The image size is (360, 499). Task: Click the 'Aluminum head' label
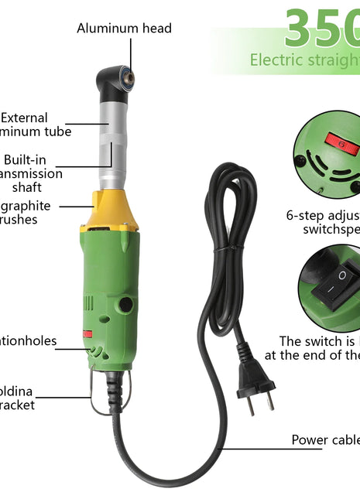pos(124,29)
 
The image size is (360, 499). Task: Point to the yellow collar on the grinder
pos(109,214)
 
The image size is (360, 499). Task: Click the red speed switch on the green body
pos(87,334)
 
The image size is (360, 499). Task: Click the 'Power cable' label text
pos(325,440)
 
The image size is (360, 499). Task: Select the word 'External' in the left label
pos(25,118)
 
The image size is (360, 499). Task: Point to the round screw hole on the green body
pos(123,304)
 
